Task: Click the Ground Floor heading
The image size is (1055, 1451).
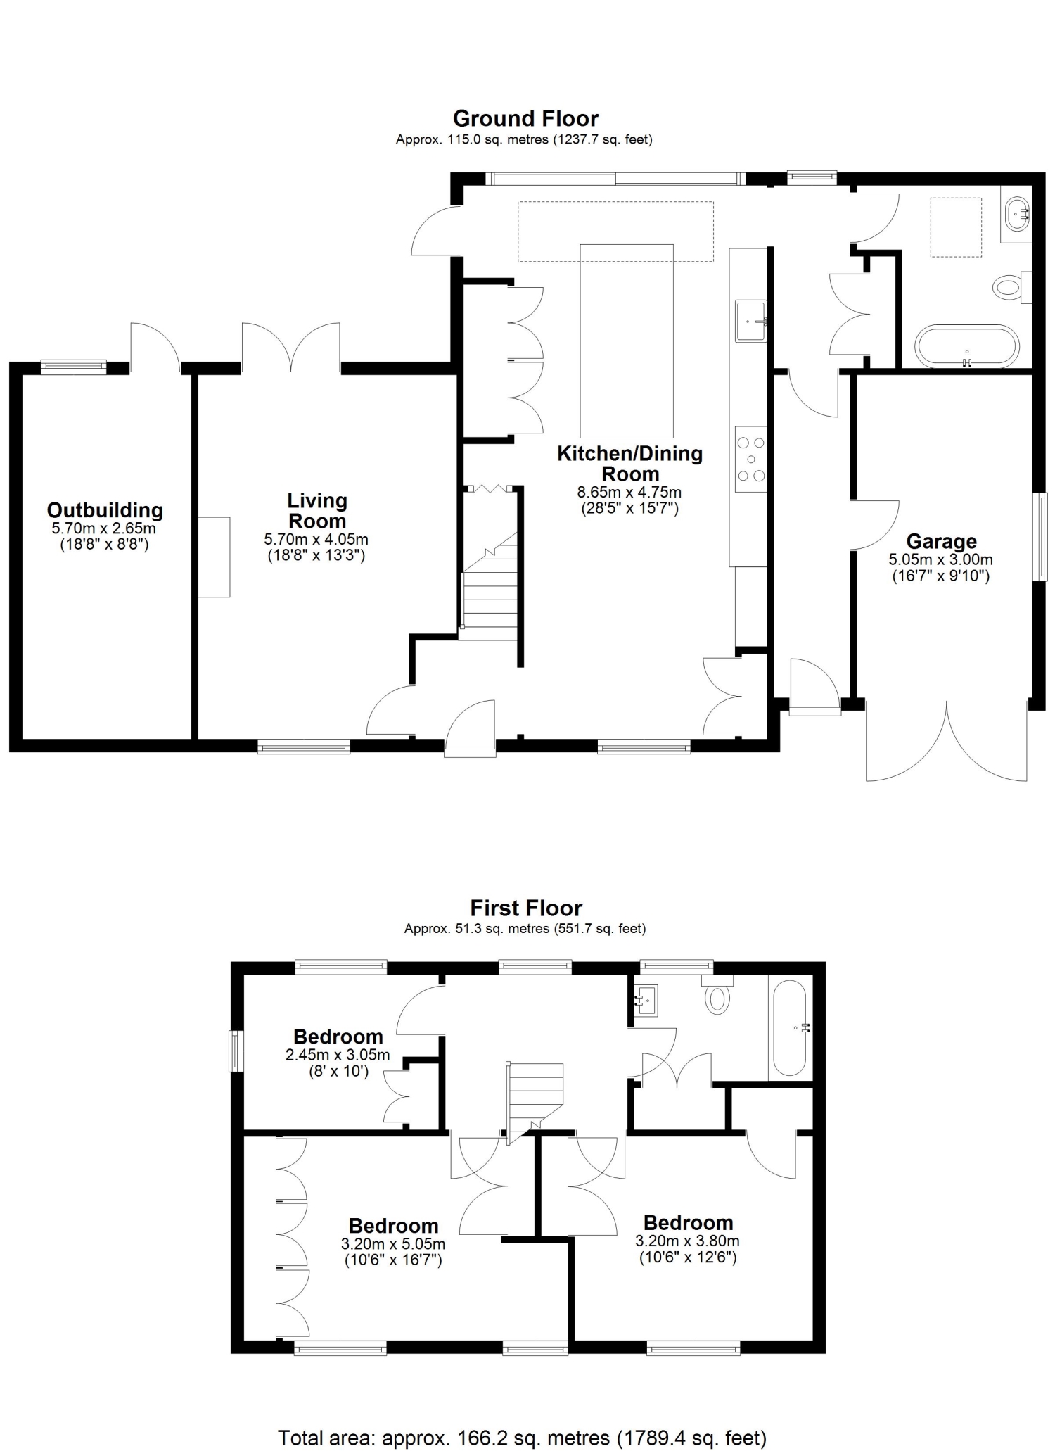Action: [x=525, y=118]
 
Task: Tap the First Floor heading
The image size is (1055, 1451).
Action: [x=526, y=908]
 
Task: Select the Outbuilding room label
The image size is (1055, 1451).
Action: [x=105, y=509]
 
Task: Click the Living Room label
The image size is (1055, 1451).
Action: [x=317, y=511]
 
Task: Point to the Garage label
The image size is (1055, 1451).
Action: [x=941, y=541]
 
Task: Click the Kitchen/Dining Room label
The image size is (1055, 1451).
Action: [x=630, y=463]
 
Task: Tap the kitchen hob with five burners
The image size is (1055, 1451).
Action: [x=750, y=459]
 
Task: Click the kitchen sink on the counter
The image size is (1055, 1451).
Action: [x=750, y=321]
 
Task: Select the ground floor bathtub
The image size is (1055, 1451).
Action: [x=967, y=346]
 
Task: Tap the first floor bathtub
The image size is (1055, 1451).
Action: [x=790, y=1027]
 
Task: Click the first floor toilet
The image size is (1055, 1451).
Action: [x=717, y=994]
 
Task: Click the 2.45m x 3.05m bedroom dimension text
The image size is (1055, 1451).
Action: [x=338, y=1055]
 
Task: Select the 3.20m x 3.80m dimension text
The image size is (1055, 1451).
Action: [x=687, y=1241]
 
